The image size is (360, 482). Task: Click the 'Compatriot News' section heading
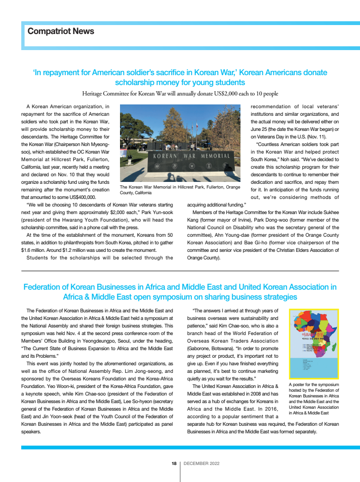(x=61, y=32)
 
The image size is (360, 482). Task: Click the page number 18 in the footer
(x=174, y=464)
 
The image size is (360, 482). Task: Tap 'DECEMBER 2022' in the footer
(x=201, y=464)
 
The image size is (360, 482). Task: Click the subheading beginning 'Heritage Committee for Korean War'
(x=180, y=94)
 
